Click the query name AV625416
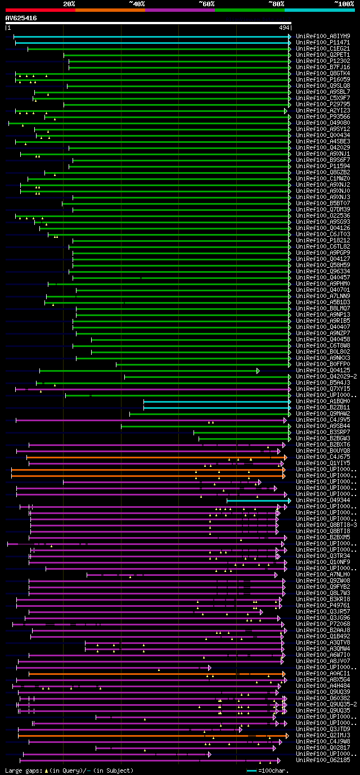pos(21,18)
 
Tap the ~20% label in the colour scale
pos(69,4)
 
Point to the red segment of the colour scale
pos(40,10)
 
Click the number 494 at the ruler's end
pos(283,27)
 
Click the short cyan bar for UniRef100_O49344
pos(258,500)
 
